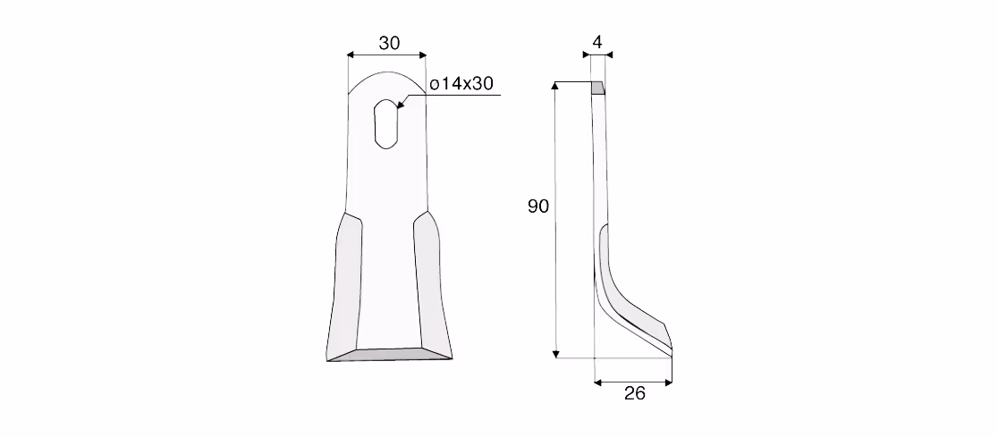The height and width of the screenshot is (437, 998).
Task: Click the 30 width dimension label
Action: tap(390, 43)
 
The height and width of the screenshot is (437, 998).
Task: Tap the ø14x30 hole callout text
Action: tap(461, 84)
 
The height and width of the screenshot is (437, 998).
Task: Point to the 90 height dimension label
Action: tap(537, 206)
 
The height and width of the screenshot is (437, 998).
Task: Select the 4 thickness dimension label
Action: tap(597, 42)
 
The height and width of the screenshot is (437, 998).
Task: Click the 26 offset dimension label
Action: tap(635, 393)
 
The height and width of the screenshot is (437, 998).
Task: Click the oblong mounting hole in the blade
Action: tap(386, 124)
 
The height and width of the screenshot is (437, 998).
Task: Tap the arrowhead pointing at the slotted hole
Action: tap(401, 104)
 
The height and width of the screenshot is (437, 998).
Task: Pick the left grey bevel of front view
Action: tap(343, 285)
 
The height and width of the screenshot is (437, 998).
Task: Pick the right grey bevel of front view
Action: tap(433, 285)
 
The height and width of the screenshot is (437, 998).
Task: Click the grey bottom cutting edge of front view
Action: tap(389, 354)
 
